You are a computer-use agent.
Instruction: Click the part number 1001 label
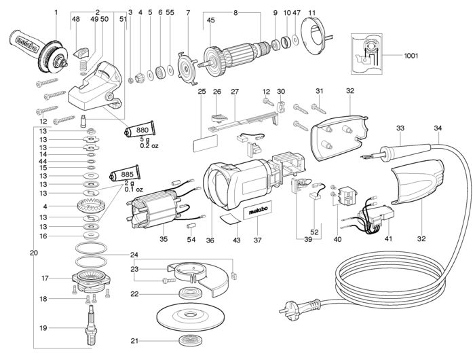coord(411,56)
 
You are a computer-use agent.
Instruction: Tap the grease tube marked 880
coord(140,130)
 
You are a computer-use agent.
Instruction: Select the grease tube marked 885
coord(124,175)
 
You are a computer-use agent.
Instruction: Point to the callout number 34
coord(438,128)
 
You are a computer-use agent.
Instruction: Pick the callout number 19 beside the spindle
coord(43,328)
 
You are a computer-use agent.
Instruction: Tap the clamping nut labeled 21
coord(191,340)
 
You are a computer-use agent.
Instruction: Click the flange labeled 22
coord(191,293)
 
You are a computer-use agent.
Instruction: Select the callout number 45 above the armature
coord(210,20)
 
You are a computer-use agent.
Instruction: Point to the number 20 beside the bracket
coord(34,253)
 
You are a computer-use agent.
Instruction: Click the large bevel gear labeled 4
coord(91,207)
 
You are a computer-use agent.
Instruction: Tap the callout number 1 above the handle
coord(56,12)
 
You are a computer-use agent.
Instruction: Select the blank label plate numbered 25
coord(205,143)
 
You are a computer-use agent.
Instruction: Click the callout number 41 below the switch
coord(388,238)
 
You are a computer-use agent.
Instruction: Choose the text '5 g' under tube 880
coord(145,139)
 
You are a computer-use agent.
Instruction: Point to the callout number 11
coord(312,13)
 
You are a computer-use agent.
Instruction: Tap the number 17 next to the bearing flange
coord(45,278)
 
